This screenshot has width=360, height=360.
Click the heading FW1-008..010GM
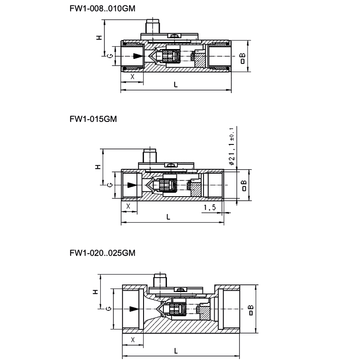(x=102, y=9)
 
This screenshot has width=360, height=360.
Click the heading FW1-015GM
(x=93, y=119)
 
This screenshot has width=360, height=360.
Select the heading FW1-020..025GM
(x=102, y=253)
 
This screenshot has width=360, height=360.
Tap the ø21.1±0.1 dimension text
(x=232, y=146)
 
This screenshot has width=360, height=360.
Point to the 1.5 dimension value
(x=210, y=207)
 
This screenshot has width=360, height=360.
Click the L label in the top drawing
(x=176, y=85)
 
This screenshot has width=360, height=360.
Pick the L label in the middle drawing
(x=169, y=217)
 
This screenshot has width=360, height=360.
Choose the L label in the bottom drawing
(x=176, y=351)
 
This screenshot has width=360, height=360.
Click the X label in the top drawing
(x=132, y=76)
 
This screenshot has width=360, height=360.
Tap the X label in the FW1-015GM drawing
(x=129, y=206)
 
